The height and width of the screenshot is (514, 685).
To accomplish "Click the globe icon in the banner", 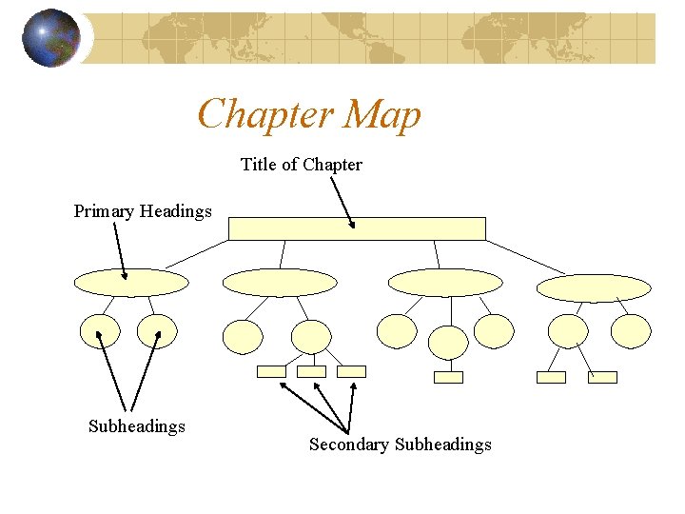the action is (50, 37).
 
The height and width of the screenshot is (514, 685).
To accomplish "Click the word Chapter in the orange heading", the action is (264, 114).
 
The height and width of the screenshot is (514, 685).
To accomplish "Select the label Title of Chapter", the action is (301, 165).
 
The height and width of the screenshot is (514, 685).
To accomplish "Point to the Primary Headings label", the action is (143, 211).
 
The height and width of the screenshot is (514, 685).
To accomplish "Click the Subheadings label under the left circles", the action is (136, 426).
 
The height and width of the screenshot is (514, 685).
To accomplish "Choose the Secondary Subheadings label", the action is (400, 445).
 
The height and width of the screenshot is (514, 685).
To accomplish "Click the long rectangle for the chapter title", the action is (357, 228).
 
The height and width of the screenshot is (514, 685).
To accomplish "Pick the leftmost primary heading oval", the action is (131, 283).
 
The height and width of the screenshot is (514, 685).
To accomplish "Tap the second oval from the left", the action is (280, 283).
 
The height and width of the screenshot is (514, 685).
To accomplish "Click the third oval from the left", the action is (445, 283).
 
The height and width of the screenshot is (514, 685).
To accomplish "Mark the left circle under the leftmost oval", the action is (100, 330).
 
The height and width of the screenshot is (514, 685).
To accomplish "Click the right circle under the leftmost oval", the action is (157, 330).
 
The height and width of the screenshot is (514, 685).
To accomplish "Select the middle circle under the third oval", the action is (448, 341).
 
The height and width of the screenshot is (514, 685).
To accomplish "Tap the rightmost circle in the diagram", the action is (631, 330).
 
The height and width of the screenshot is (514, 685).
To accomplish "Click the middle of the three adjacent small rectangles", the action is (311, 371).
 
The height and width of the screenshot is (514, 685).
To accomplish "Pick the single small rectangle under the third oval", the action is (448, 377).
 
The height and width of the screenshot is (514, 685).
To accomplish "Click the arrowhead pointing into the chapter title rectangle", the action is (352, 226).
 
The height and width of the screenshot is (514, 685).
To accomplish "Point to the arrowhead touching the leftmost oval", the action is (126, 277).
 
